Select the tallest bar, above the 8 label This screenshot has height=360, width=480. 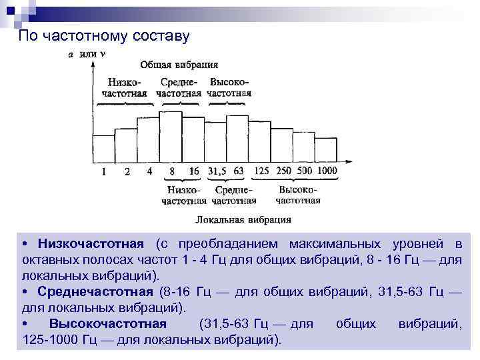(171, 137)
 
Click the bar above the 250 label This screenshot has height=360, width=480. (283, 143)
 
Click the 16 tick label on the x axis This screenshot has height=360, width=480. (194, 171)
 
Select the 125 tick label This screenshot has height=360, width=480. (261, 171)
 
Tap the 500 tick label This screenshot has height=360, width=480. (305, 171)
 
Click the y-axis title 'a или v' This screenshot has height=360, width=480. (83, 53)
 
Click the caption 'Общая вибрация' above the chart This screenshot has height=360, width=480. (179, 65)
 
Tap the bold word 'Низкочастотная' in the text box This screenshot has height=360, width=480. (91, 243)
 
